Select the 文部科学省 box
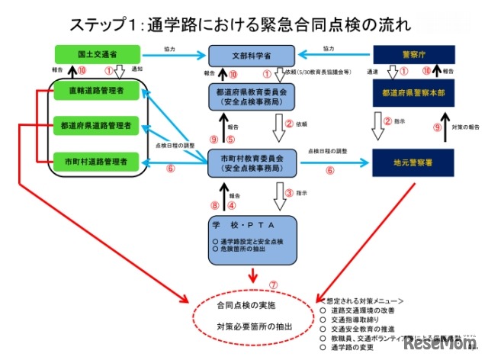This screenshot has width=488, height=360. (x=252, y=56)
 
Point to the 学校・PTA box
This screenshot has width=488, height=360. (x=251, y=237)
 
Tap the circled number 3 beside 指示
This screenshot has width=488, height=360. (x=290, y=194)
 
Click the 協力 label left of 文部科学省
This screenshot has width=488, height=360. (x=171, y=48)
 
